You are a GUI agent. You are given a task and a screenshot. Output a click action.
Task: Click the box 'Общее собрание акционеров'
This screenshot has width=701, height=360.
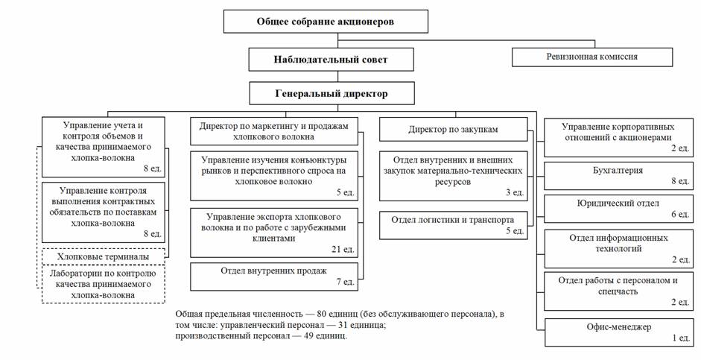[x=326, y=22]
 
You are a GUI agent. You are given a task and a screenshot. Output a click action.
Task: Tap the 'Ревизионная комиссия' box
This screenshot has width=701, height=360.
[x=592, y=57]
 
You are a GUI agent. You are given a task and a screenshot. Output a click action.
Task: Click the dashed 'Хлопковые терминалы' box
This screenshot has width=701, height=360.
[x=101, y=256]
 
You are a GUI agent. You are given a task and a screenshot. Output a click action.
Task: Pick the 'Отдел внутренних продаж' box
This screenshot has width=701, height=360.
[x=274, y=275]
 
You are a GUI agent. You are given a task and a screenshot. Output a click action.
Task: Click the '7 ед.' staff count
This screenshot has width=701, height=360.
[x=345, y=282]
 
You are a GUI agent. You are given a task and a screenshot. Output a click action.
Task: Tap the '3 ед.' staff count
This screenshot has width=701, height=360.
[x=513, y=193]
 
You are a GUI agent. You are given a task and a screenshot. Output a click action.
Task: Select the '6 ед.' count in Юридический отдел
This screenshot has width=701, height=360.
[x=679, y=215]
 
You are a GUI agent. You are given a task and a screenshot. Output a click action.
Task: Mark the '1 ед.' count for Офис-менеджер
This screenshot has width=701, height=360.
[x=679, y=339]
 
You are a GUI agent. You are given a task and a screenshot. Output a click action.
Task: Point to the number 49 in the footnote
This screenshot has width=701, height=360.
[x=294, y=336]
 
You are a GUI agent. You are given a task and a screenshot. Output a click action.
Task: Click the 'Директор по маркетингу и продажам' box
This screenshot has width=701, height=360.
[x=274, y=131]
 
